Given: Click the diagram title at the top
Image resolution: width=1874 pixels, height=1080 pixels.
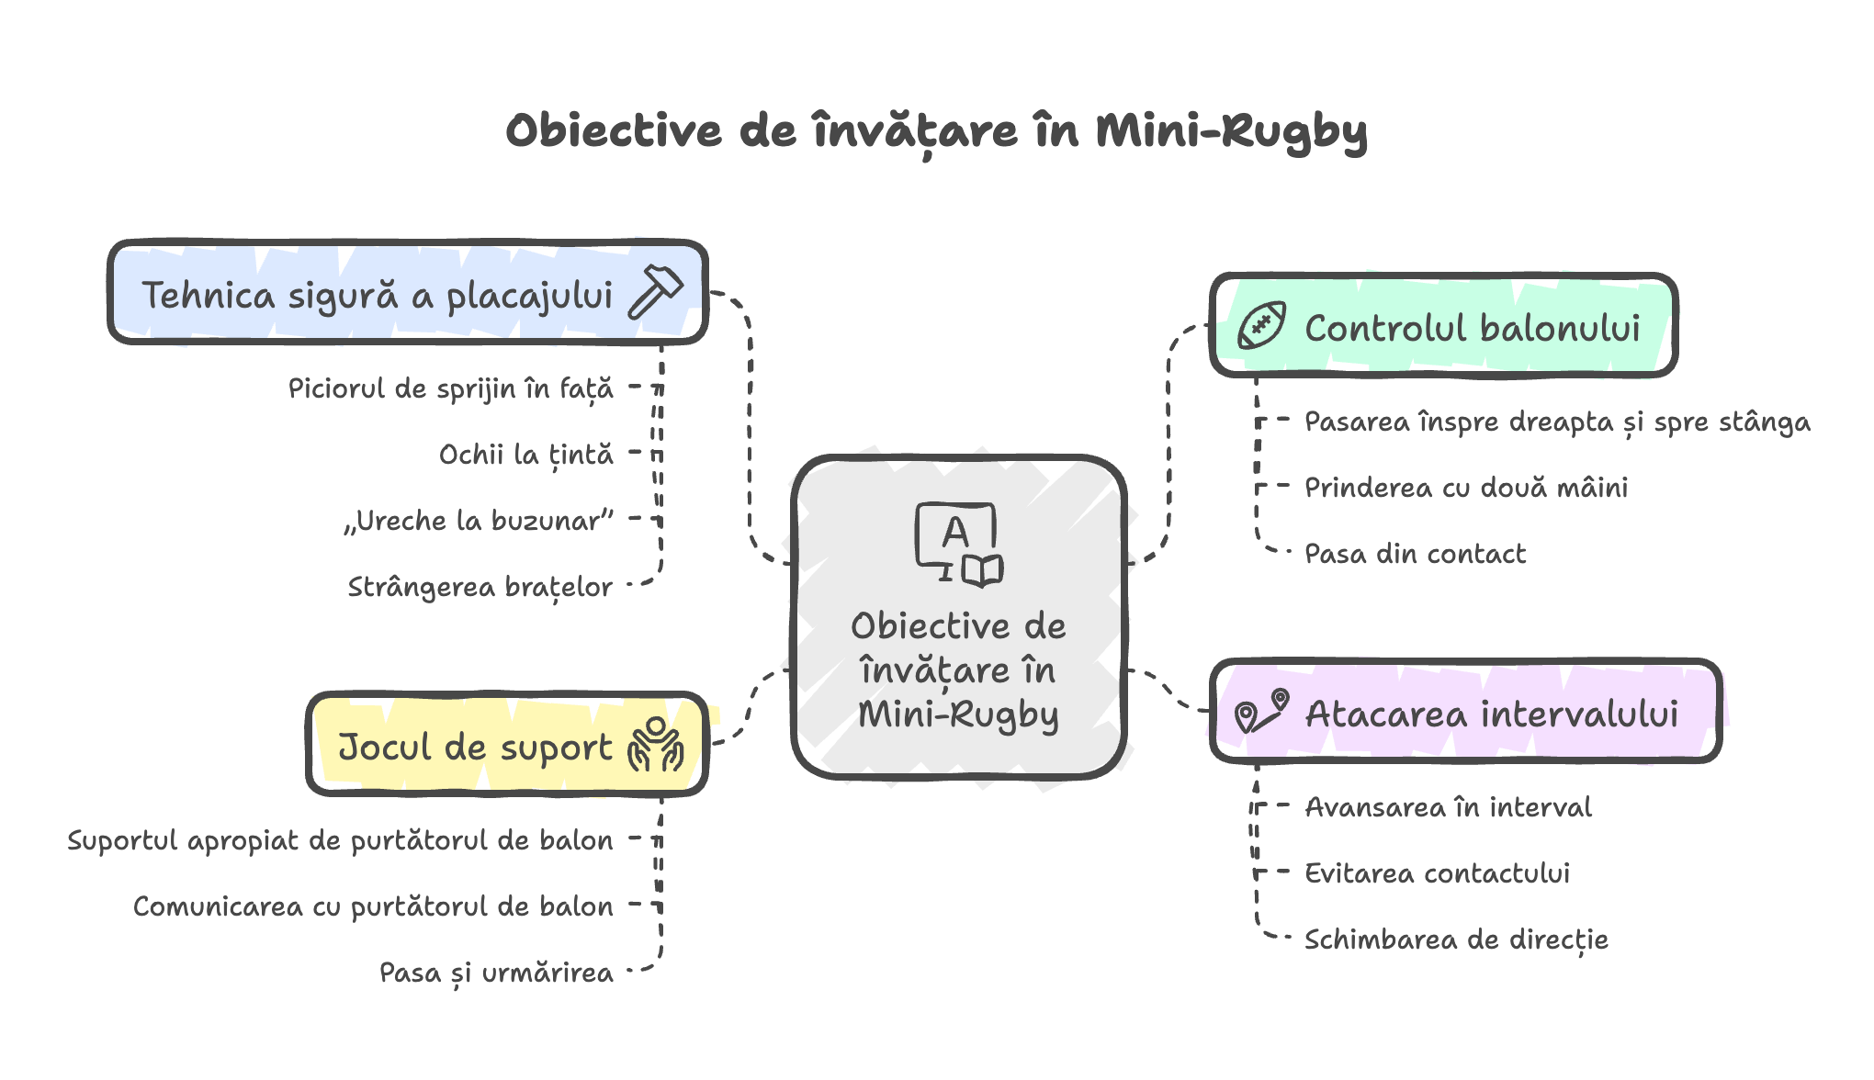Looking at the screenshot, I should pyautogui.click(x=936, y=131).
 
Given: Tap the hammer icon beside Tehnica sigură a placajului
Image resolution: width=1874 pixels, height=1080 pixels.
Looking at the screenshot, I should pyautogui.click(x=656, y=292).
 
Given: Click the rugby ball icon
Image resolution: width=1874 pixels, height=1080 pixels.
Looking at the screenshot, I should pyautogui.click(x=1261, y=326).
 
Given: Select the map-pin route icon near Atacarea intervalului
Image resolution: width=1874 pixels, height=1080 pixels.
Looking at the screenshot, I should pyautogui.click(x=1261, y=712).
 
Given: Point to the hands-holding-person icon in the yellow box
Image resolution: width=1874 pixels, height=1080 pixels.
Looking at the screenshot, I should pyautogui.click(x=655, y=745).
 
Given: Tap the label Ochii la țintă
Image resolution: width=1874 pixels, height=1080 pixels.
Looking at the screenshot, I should pyautogui.click(x=525, y=455).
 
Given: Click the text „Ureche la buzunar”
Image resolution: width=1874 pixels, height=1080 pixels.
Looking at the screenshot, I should pyautogui.click(x=479, y=521).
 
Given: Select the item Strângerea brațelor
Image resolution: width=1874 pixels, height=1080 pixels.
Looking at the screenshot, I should pyautogui.click(x=480, y=587).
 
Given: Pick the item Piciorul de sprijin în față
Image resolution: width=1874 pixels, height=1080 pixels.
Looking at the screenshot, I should pyautogui.click(x=450, y=388).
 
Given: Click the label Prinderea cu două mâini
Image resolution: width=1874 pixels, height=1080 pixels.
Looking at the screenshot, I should pyautogui.click(x=1465, y=488).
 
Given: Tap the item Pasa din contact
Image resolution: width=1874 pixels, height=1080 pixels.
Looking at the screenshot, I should pyautogui.click(x=1415, y=554).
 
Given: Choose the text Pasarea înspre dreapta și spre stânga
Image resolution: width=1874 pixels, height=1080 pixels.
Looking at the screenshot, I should pyautogui.click(x=1556, y=422).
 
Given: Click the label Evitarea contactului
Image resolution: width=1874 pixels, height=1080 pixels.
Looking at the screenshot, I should pyautogui.click(x=1437, y=873).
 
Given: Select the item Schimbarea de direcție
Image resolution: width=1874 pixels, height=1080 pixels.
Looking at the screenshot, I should pyautogui.click(x=1456, y=939).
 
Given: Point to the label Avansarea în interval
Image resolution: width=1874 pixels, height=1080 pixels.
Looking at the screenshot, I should pyautogui.click(x=1448, y=807).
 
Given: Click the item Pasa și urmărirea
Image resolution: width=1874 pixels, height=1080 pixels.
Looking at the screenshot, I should pyautogui.click(x=496, y=973).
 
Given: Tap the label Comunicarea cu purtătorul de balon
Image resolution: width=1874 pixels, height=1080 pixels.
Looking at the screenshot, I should pyautogui.click(x=373, y=906).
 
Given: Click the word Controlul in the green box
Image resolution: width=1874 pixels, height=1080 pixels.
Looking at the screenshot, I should pyautogui.click(x=1372, y=328).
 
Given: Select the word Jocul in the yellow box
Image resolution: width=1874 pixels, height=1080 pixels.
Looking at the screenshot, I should pyautogui.click(x=385, y=747).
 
